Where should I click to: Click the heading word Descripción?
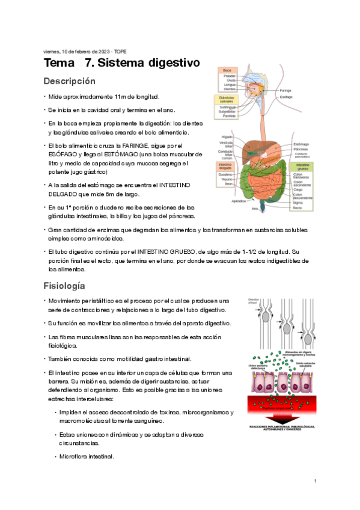70,81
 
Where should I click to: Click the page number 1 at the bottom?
315,482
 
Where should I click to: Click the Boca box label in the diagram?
227,70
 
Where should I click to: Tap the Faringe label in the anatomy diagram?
285,90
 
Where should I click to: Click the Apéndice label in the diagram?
239,201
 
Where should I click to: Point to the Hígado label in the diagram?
227,137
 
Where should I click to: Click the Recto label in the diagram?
297,207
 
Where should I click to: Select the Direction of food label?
253,301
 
